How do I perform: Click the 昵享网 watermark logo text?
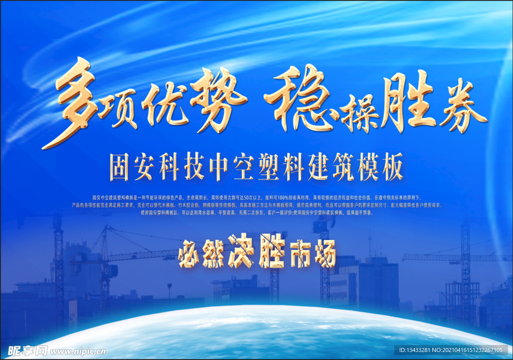point(23,350)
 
